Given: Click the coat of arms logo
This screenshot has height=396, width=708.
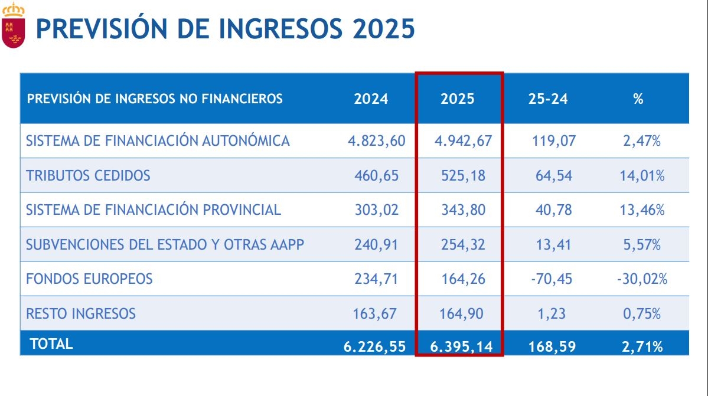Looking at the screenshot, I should point(14,25).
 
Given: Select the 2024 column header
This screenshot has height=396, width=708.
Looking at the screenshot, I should point(371,99).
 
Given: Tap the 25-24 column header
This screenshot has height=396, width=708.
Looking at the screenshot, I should point(548,99).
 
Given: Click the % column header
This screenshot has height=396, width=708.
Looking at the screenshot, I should point(638,99).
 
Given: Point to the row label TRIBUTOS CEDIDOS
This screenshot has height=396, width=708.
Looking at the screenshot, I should point(89,175).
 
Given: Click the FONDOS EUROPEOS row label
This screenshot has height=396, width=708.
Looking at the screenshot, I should point(90,279).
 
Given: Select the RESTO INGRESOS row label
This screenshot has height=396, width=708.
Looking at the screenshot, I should point(81,313).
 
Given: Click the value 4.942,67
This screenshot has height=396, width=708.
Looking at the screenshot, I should point(463,141).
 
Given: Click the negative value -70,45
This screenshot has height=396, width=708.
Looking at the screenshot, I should point(550,279).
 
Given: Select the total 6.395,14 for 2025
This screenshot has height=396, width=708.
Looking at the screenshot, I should point(461,346).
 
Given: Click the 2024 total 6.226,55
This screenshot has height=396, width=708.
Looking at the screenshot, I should point(374,346).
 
